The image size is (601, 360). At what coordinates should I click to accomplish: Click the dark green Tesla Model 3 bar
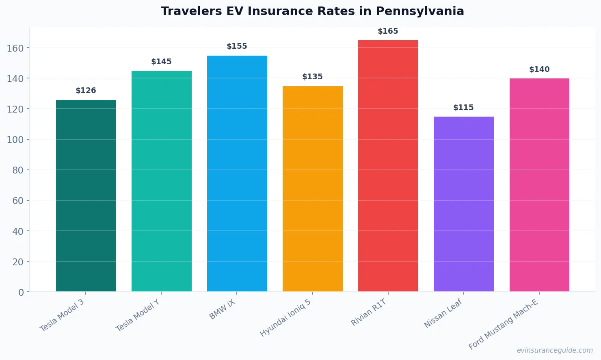(x=86, y=196)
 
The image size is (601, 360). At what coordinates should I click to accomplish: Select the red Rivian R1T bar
(x=388, y=166)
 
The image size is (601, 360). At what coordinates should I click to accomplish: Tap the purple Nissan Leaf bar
(x=463, y=204)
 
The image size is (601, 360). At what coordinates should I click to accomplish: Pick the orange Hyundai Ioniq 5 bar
(x=312, y=189)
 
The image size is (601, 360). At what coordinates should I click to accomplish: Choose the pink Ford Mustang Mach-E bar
(x=539, y=185)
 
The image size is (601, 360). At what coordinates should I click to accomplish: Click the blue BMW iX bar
(x=237, y=173)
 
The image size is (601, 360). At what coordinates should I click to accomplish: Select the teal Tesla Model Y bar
(x=161, y=181)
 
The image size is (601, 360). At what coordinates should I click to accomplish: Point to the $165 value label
(x=388, y=31)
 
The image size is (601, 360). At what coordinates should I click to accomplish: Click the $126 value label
(x=86, y=91)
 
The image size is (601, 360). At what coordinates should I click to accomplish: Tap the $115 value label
(x=463, y=108)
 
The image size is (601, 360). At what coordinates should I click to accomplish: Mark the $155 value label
(x=237, y=46)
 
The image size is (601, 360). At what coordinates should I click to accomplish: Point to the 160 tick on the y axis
(x=15, y=48)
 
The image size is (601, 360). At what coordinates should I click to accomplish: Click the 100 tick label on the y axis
(x=15, y=140)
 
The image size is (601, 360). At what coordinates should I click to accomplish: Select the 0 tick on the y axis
(x=21, y=293)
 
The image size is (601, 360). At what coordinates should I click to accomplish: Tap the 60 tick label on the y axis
(x=18, y=201)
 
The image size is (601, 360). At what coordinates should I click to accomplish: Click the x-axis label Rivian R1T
(x=369, y=312)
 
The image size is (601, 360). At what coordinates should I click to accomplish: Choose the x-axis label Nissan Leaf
(x=443, y=313)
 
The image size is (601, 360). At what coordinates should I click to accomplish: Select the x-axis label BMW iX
(x=222, y=310)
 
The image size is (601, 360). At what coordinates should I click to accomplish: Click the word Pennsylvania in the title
(x=420, y=11)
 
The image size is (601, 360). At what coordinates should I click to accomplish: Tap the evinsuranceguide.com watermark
(x=555, y=350)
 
